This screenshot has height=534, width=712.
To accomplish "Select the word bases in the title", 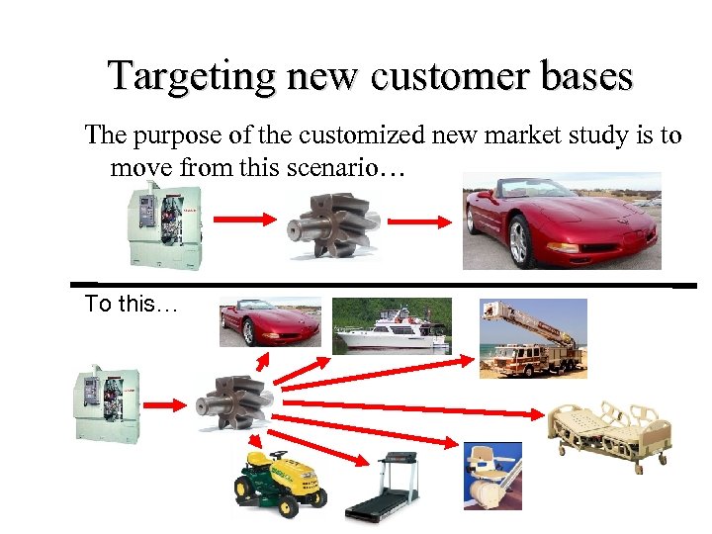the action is click(x=582, y=76).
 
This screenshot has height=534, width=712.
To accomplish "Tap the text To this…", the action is click(x=131, y=305).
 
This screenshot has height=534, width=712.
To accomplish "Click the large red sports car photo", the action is click(x=561, y=221).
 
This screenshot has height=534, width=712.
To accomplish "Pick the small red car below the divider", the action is click(x=269, y=321).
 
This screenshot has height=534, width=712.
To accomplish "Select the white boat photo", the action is click(x=391, y=325).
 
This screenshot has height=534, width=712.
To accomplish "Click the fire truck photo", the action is click(x=532, y=338).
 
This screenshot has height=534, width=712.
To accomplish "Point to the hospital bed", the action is click(x=607, y=430).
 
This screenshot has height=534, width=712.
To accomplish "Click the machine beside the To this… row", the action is click(x=106, y=400).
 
